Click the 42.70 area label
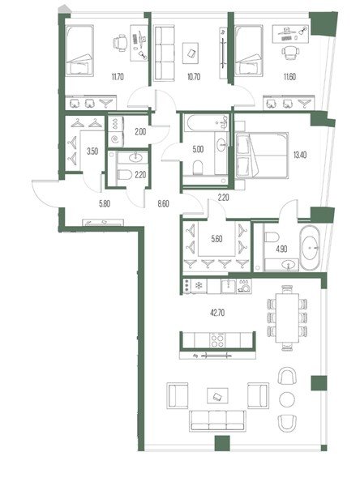pyautogui.click(x=217, y=313)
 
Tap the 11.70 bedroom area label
pyautogui.click(x=118, y=77)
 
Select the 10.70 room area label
pyautogui.click(x=194, y=77)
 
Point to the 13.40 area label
pyautogui.click(x=300, y=155)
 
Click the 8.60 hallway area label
pyautogui.click(x=163, y=204)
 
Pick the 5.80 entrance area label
pyautogui.click(x=105, y=204)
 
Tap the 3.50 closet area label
pyautogui.click(x=92, y=151)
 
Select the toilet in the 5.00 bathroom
pyautogui.click(x=197, y=168)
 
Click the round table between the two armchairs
pyautogui.click(x=287, y=399)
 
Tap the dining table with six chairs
pyautogui.click(x=287, y=318)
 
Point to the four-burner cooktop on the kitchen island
pyautogui.click(x=218, y=340)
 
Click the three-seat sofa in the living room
pyautogui.click(x=217, y=420)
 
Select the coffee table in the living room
pyautogui.click(x=217, y=396)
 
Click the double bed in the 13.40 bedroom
pyautogui.click(x=262, y=156)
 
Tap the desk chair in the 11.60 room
pyautogui.click(x=291, y=53)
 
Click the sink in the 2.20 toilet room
pyautogui.click(x=134, y=158)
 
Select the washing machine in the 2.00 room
pyautogui.click(x=116, y=139)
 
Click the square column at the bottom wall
pyautogui.click(x=222, y=443)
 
